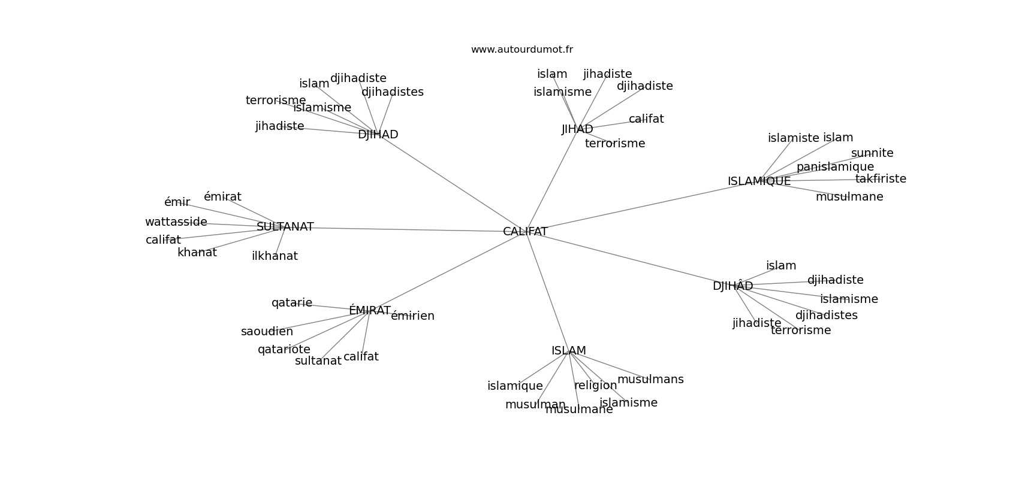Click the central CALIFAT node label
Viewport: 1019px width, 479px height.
coord(525,232)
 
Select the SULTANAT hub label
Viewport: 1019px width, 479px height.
coord(285,227)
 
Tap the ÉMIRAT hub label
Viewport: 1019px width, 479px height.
coord(369,311)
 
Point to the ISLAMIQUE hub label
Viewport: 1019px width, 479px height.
coord(759,181)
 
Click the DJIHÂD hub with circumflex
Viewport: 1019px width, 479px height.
coord(732,286)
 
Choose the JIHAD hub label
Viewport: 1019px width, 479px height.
coord(577,129)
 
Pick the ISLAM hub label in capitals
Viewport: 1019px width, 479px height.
coord(568,351)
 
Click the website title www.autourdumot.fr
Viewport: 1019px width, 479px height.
coord(521,50)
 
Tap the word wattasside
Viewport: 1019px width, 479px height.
coord(176,222)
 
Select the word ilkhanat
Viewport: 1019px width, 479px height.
coord(275,256)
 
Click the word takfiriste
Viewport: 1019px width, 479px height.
coord(881,179)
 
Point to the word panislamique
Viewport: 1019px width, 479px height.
coord(835,167)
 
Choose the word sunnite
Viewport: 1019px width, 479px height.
coord(872,153)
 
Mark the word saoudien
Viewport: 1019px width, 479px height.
coord(267,332)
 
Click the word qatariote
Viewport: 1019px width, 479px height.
coord(284,350)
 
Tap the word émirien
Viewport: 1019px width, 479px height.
coord(412,316)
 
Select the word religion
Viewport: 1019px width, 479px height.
coord(595,386)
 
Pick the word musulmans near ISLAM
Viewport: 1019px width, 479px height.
coord(650,380)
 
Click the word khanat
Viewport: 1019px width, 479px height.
coord(197,253)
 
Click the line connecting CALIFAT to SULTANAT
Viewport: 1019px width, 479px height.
coord(408,229)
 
